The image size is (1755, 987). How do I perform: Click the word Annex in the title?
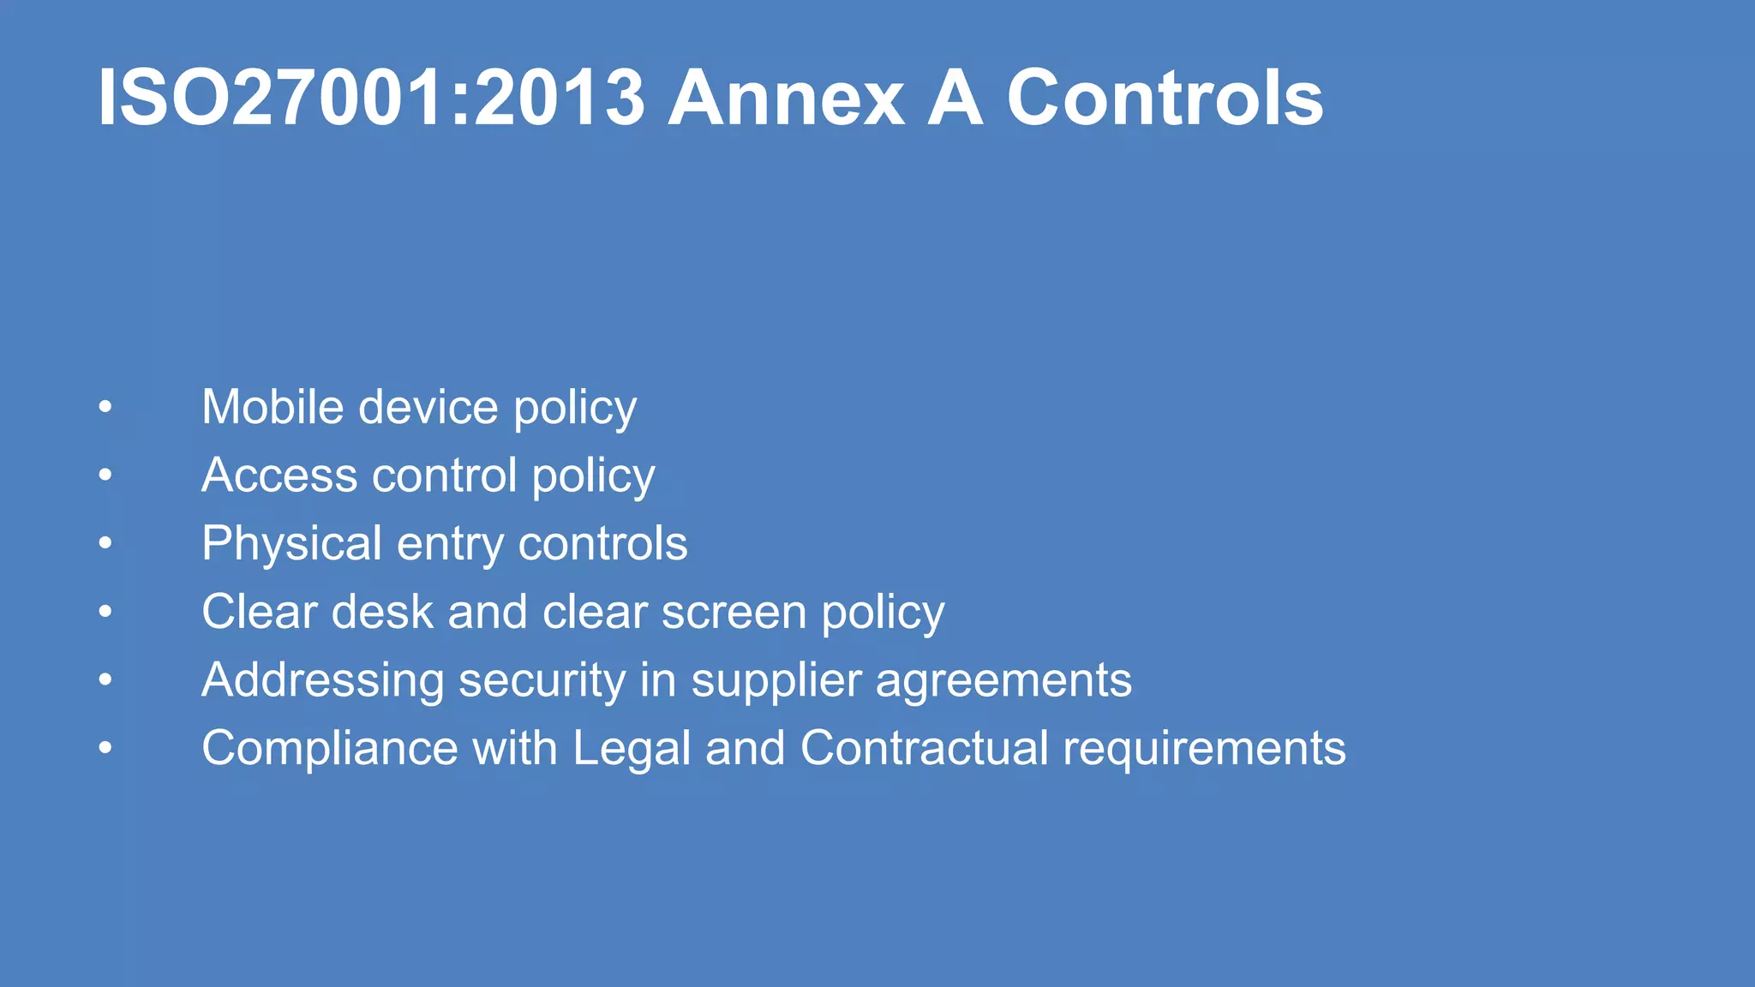pos(785,99)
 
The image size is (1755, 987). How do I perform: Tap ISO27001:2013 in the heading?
pos(371,99)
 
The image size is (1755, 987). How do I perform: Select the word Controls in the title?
pos(1165,99)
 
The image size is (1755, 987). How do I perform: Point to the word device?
pos(428,407)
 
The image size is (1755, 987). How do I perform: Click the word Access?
pos(279,476)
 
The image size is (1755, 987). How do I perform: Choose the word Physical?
pos(291,544)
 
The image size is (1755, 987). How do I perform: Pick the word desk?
pos(382,612)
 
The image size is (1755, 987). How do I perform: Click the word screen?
pos(734,613)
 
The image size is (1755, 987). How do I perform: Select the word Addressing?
pos(322,680)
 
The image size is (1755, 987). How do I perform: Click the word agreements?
pos(1003,682)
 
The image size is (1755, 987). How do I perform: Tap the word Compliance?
pos(330,749)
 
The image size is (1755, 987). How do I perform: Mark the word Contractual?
pos(924,748)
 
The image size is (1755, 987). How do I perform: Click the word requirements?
pos(1204,750)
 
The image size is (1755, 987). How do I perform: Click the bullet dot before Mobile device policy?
pos(105,407)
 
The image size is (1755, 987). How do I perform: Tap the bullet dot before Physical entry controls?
pos(105,543)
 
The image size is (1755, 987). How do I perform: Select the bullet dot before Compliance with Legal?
pos(105,748)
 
